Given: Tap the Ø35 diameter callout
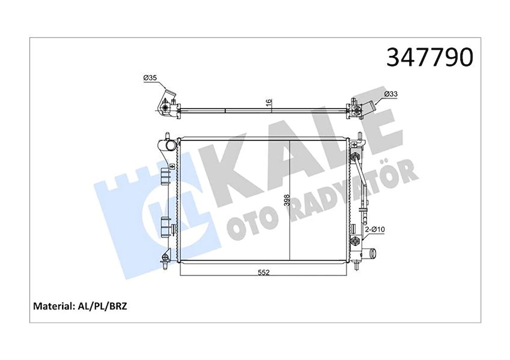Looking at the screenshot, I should point(150,78).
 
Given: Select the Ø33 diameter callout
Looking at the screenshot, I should point(390,93).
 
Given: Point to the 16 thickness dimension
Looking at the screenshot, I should point(268,103).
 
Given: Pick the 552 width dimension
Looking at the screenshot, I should point(264,272).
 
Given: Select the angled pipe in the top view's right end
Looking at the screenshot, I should point(368,105).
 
